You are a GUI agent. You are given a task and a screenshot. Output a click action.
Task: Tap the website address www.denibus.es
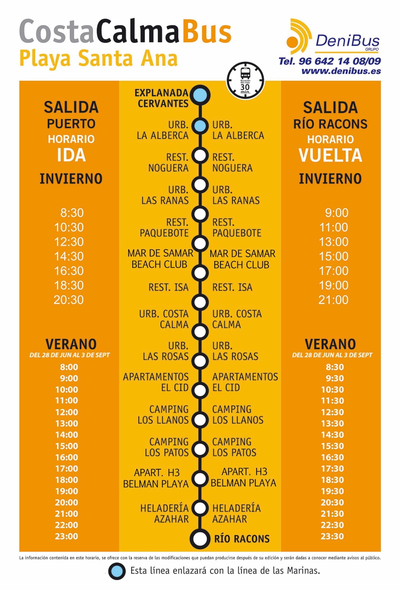pos(341,71)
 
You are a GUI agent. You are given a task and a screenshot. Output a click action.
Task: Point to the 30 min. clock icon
pos(245,80)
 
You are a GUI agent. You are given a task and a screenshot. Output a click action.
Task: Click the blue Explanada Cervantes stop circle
pos(200,95)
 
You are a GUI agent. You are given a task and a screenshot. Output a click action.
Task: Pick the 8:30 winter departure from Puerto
pos(72,213)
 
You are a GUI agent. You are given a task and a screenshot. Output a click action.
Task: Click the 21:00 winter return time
pos(333,300)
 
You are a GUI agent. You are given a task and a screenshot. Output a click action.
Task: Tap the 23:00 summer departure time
pos(66,536)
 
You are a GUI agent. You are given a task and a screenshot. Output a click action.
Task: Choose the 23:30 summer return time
pos(332,536)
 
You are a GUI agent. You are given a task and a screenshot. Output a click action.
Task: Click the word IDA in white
pos(71,155)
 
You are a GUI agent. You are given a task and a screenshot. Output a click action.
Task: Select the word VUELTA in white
pos(330,155)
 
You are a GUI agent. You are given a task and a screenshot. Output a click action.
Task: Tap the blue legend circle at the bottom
pos(117,571)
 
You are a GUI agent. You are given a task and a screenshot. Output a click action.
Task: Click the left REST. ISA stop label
pos(168,287)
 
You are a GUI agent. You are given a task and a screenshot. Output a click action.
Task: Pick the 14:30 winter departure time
pos(69,256)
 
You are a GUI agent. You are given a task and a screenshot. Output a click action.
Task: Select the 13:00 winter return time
pos(333,242)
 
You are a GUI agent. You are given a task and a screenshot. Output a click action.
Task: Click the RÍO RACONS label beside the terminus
pos(242,539)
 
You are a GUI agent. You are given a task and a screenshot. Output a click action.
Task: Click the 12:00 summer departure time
pos(66,412)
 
